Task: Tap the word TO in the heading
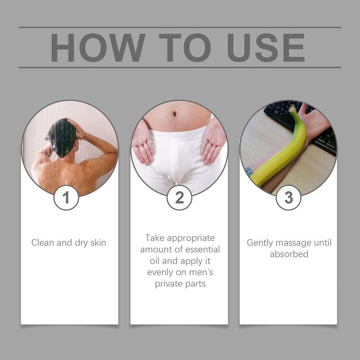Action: point(184,47)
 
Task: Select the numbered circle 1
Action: point(66,198)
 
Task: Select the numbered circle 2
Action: point(179,198)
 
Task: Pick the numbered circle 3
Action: point(288,198)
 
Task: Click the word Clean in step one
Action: point(43,243)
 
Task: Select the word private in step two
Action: point(167,284)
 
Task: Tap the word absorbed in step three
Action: point(289,254)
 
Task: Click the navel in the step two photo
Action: point(174,114)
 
